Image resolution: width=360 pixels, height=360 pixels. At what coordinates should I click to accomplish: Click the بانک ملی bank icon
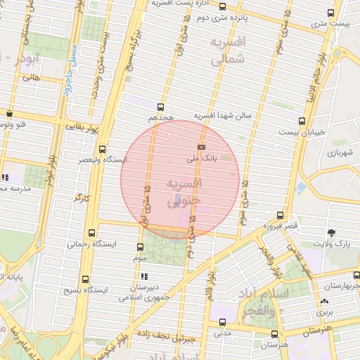[202, 147]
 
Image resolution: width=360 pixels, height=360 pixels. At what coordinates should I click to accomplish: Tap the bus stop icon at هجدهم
[161, 108]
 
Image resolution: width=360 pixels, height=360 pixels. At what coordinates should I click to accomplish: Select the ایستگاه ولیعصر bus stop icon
[103, 149]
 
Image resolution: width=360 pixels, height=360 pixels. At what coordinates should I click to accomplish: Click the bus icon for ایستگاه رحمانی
[94, 233]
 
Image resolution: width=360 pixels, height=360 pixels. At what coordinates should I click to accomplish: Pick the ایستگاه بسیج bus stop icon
[86, 279]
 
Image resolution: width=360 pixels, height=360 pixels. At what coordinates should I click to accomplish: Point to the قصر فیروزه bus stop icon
[281, 215]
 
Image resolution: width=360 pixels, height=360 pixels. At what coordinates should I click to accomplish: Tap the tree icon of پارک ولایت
[331, 233]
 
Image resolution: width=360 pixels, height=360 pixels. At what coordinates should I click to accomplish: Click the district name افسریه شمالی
[229, 51]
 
